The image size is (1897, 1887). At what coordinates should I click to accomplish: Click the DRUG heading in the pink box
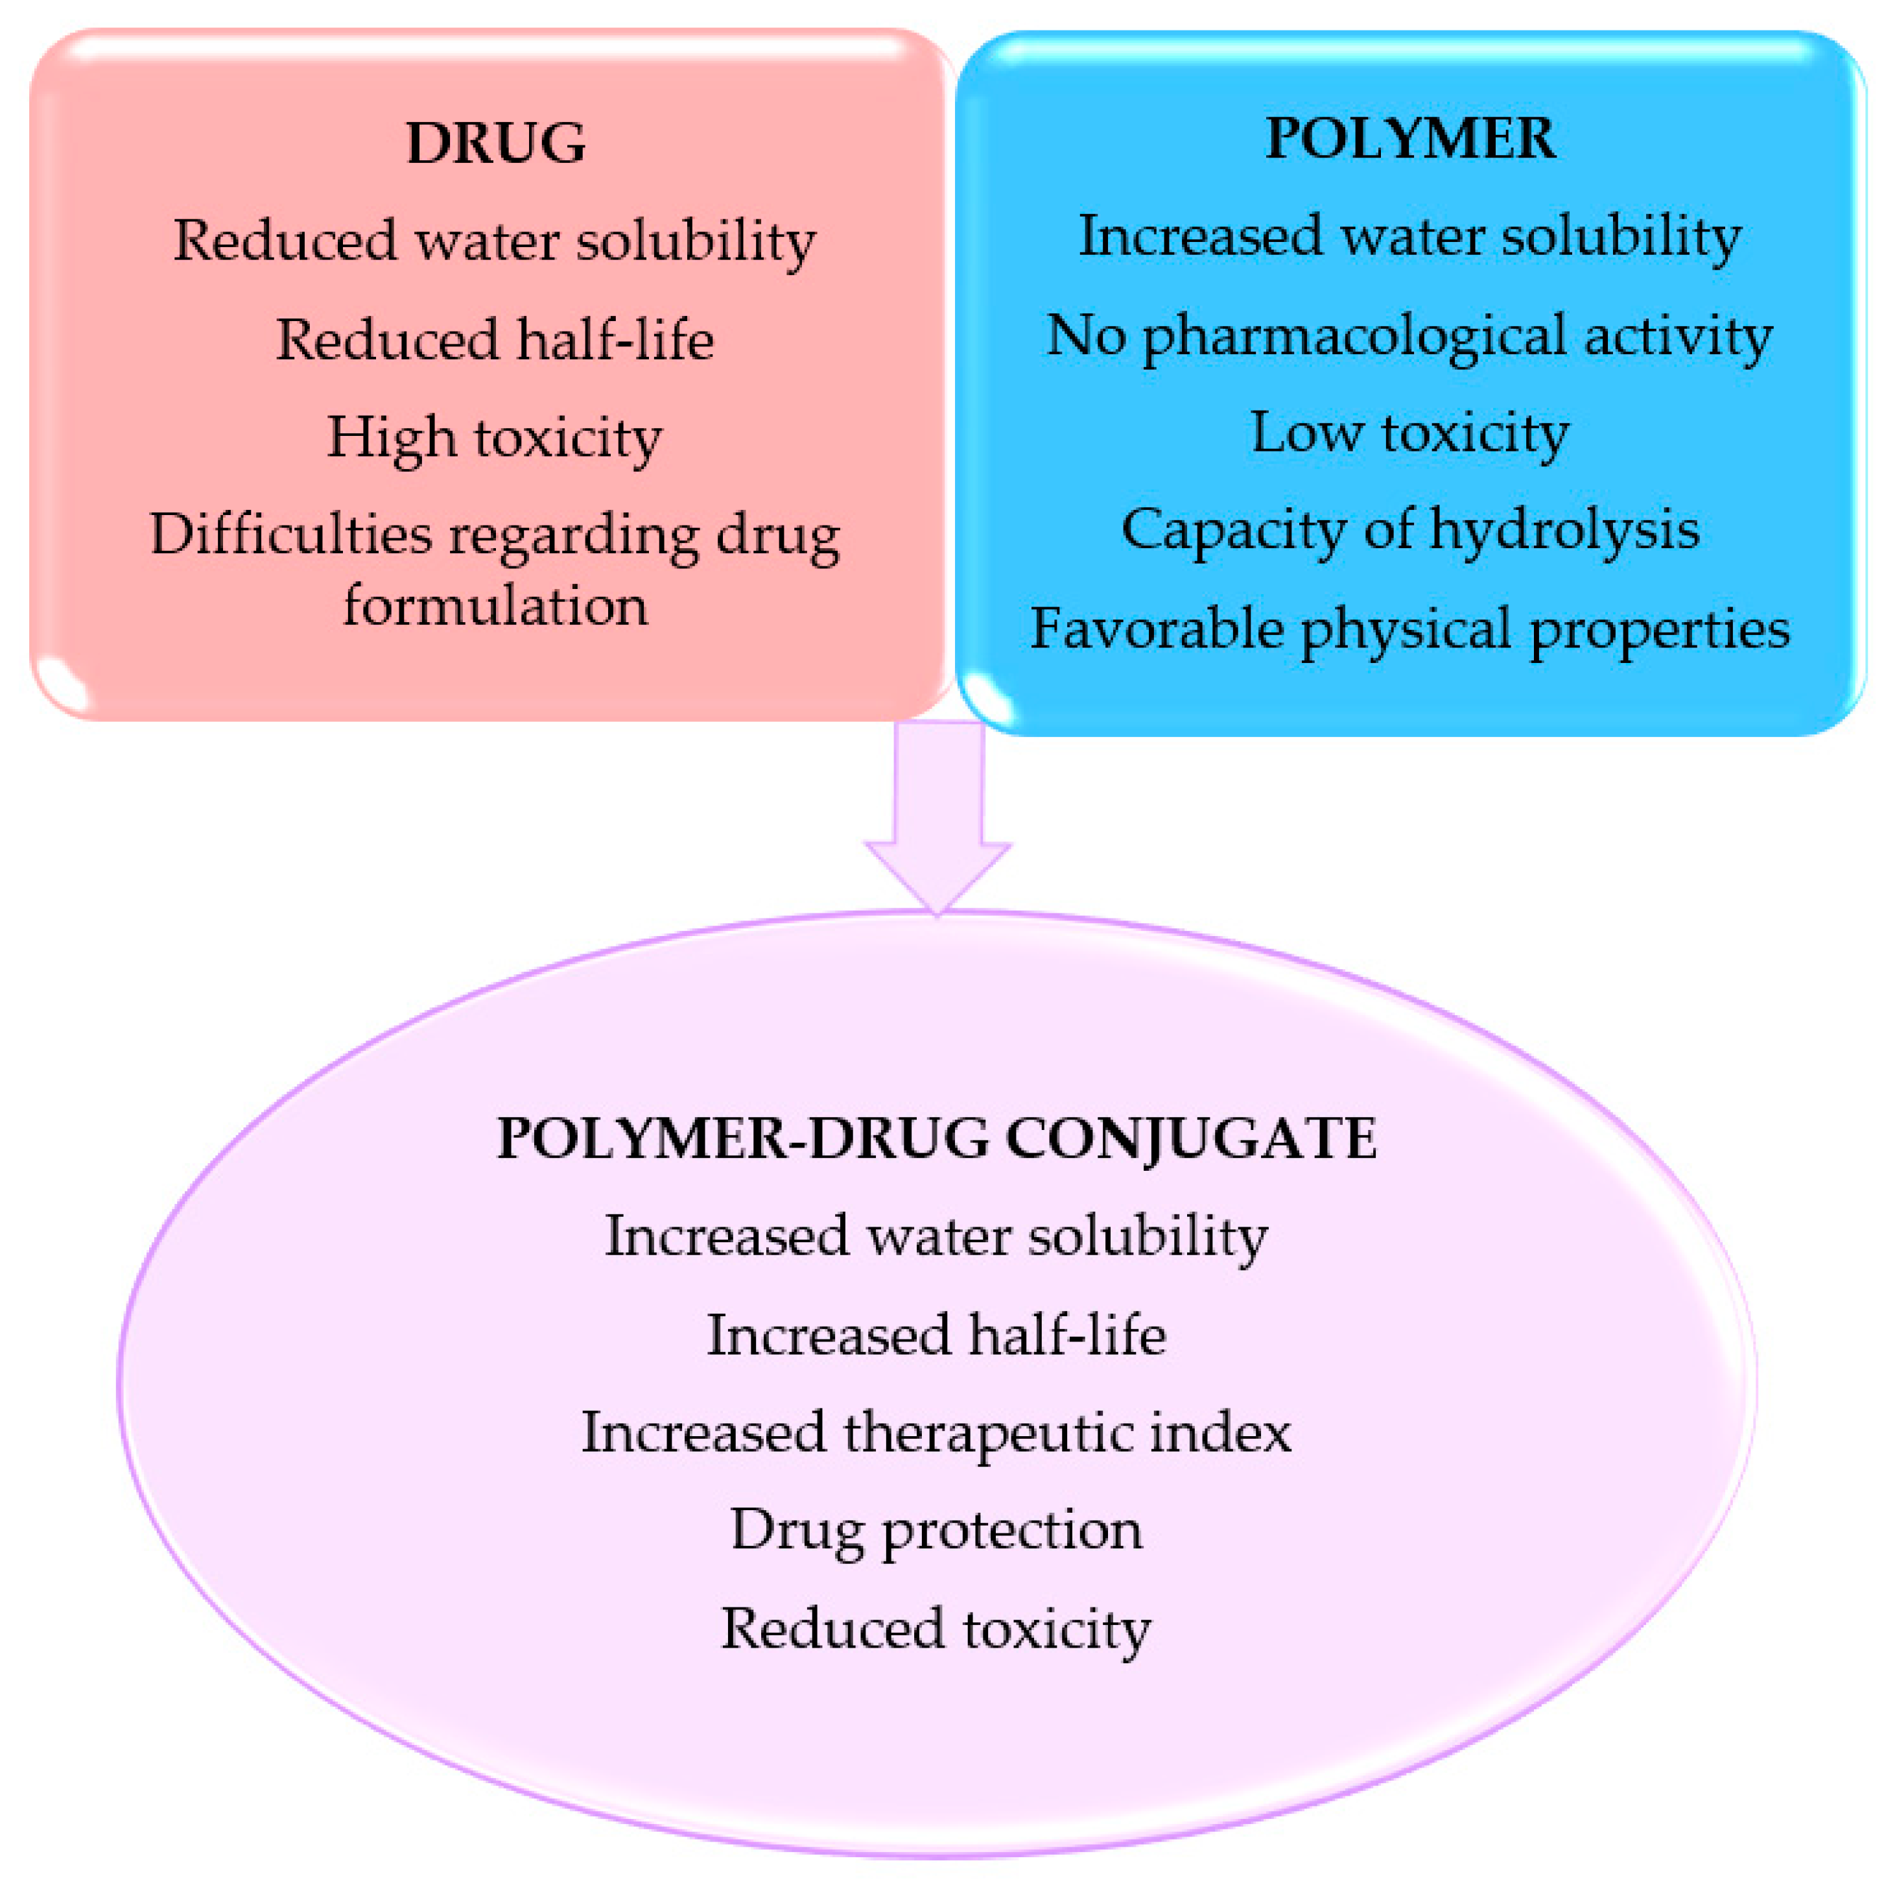pyautogui.click(x=496, y=143)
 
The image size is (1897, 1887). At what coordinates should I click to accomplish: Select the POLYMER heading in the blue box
pyautogui.click(x=1410, y=139)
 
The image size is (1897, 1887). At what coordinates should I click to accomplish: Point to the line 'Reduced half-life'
pyautogui.click(x=495, y=340)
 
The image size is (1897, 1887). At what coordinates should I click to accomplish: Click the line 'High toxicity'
pyautogui.click(x=495, y=438)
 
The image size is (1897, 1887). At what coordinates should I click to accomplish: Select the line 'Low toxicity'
pyautogui.click(x=1410, y=433)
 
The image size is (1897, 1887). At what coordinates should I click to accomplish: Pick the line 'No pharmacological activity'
pyautogui.click(x=1410, y=336)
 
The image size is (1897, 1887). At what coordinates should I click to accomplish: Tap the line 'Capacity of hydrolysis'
pyautogui.click(x=1410, y=531)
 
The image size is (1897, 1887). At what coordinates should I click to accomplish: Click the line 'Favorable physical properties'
pyautogui.click(x=1410, y=629)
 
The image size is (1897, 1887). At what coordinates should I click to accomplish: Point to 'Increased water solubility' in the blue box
pyautogui.click(x=1410, y=237)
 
